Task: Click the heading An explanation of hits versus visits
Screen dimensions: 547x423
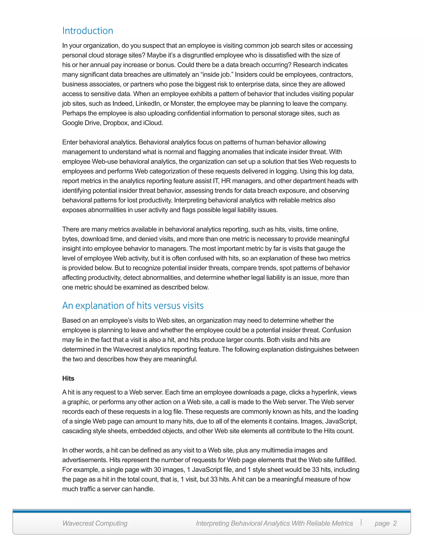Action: (133, 305)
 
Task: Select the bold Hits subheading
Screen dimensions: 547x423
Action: (68, 378)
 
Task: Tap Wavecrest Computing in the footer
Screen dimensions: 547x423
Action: (95, 523)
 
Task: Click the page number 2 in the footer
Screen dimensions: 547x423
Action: (395, 523)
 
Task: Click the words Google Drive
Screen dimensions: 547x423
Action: (81, 123)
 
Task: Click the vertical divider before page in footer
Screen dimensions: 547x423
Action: (361, 522)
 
